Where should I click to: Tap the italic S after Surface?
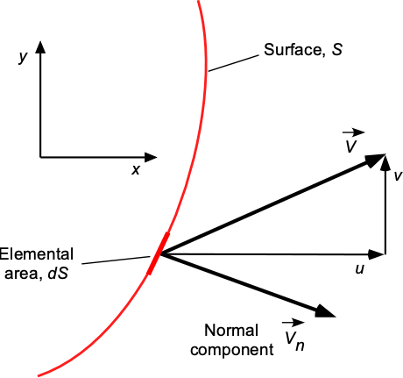[x=336, y=50]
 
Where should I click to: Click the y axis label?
[x=23, y=57]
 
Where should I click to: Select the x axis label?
[x=136, y=169]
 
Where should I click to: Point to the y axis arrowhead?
[x=40, y=47]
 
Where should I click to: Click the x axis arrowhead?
[x=151, y=157]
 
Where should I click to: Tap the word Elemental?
[x=36, y=254]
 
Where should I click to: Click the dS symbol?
[x=58, y=274]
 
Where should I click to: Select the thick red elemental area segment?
[x=158, y=253]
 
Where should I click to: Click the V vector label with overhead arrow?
[x=351, y=141]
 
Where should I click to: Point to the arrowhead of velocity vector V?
[x=375, y=160]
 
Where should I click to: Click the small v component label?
[x=398, y=176]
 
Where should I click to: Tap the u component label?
[x=360, y=269]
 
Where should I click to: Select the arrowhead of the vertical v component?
[x=385, y=162]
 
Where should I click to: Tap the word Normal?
[x=231, y=331]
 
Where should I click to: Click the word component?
[x=232, y=350]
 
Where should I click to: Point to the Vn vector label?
[x=293, y=336]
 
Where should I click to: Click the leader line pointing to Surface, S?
[x=234, y=63]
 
